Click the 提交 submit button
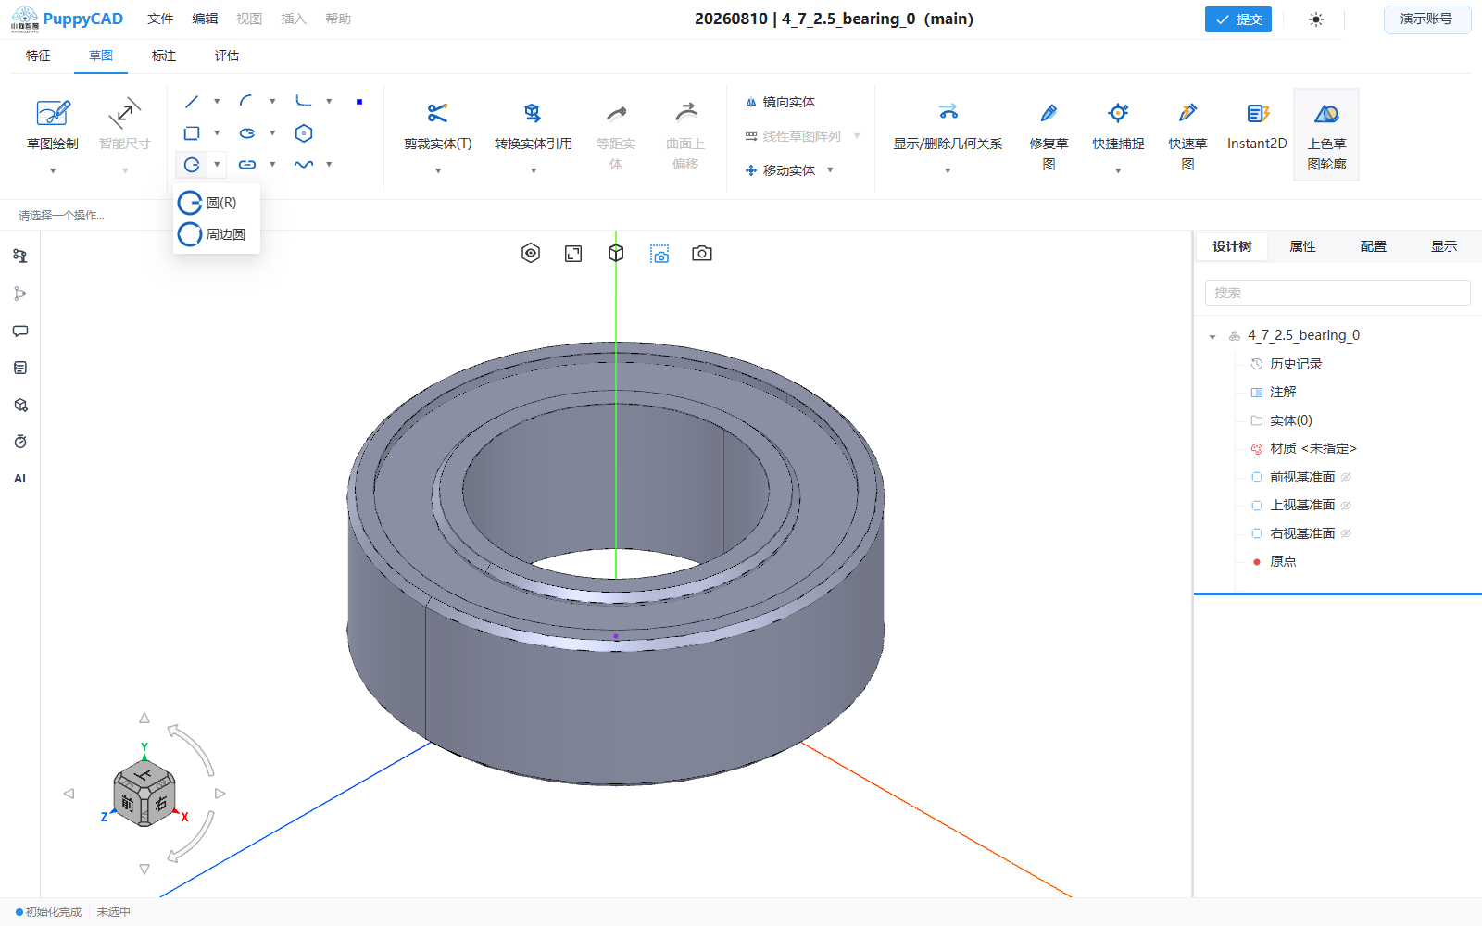tap(1237, 19)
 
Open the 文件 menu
tap(160, 19)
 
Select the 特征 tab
tap(38, 56)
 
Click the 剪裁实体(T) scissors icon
tap(437, 113)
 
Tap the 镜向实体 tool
tap(780, 102)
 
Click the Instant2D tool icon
tap(1257, 114)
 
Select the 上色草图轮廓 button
tap(1326, 135)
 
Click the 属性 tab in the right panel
tap(1302, 246)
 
